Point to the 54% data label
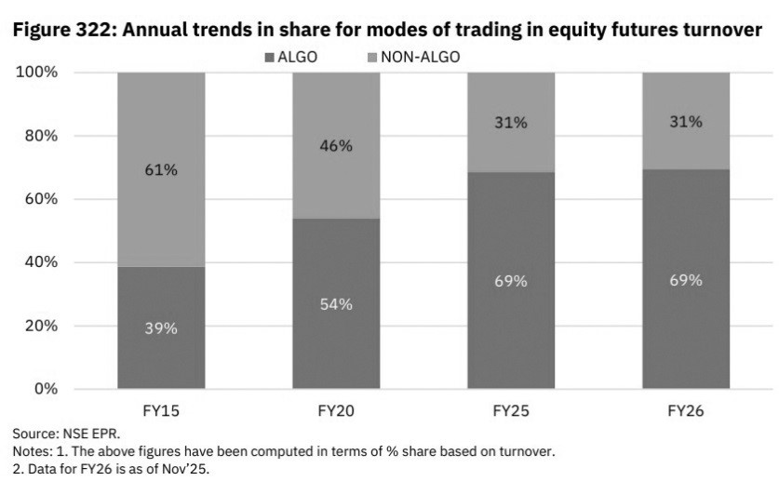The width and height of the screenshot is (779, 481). [336, 304]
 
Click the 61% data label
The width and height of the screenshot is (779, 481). [161, 170]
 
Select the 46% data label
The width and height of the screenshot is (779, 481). [336, 145]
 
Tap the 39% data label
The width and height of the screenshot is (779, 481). [161, 327]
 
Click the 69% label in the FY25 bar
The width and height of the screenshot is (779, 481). [511, 280]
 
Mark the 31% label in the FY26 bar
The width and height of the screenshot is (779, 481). [686, 122]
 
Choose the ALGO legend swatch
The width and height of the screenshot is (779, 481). [270, 58]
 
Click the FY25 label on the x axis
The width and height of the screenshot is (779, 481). [511, 408]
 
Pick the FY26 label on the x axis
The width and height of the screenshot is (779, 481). [686, 408]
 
